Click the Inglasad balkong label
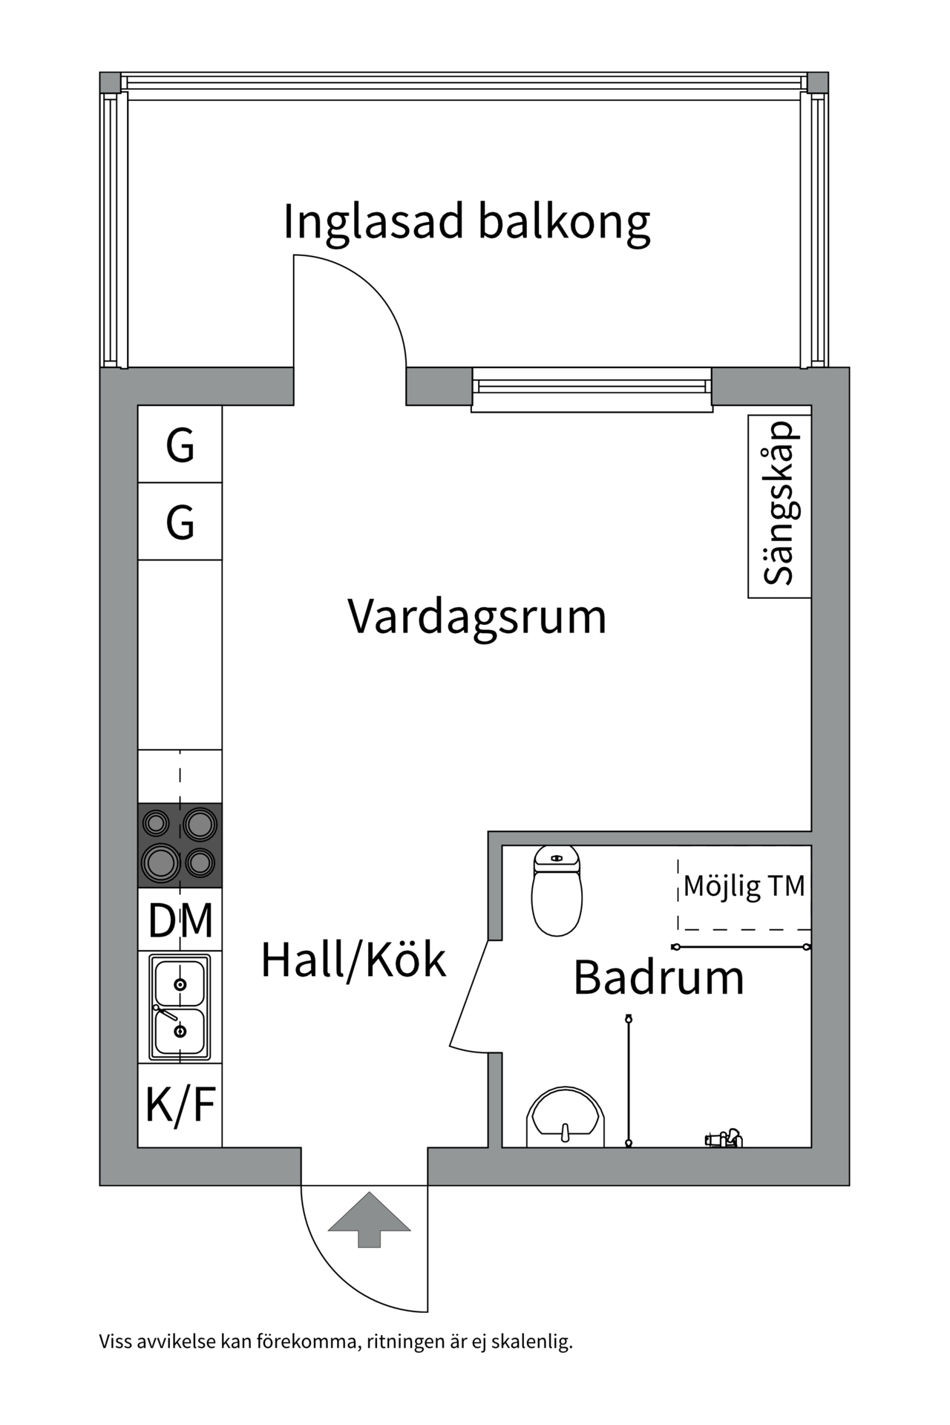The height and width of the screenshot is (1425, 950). tap(466, 221)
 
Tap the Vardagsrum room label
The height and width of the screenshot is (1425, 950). tap(476, 617)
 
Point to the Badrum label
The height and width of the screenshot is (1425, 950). tap(658, 977)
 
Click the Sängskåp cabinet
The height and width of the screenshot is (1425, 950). tap(779, 505)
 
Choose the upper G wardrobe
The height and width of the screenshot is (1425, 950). tap(180, 445)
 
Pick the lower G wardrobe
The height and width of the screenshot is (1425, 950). tap(180, 522)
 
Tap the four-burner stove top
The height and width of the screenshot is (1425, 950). tap(180, 845)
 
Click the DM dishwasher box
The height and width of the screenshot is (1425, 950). tap(180, 920)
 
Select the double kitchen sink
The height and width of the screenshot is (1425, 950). tap(180, 1007)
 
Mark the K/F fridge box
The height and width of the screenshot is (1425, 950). tap(180, 1104)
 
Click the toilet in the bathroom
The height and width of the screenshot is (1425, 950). tap(557, 891)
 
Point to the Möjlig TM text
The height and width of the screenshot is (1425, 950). tap(744, 886)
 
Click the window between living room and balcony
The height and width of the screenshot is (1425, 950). tap(592, 389)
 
